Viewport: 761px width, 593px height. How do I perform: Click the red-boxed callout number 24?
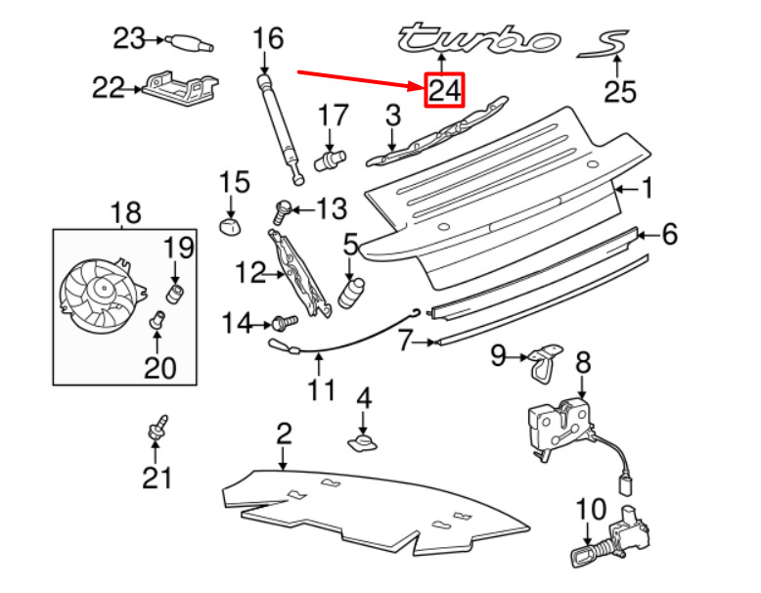pyautogui.click(x=443, y=91)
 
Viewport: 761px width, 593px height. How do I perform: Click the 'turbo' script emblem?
pyautogui.click(x=477, y=38)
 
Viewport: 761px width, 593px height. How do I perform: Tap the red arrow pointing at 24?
pyautogui.click(x=357, y=80)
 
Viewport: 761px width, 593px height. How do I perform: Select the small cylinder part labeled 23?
pyautogui.click(x=187, y=41)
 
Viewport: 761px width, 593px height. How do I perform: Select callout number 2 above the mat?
pyautogui.click(x=283, y=433)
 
